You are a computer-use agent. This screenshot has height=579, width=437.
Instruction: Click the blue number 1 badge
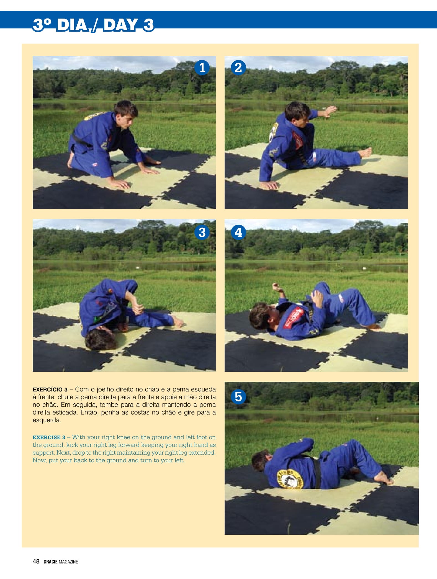(202, 68)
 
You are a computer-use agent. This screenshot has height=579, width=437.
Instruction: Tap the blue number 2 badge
(238, 68)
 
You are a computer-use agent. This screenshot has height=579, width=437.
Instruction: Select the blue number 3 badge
(202, 232)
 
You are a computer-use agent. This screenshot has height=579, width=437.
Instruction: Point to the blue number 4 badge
(238, 232)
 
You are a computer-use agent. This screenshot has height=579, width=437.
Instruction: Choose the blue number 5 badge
(238, 396)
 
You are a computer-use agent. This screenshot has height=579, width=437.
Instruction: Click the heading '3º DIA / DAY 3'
(93, 25)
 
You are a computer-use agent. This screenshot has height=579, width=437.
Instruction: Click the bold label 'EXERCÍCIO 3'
(50, 390)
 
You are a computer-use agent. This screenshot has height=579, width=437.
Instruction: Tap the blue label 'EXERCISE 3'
(49, 437)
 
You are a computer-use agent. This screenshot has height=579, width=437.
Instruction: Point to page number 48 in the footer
(36, 561)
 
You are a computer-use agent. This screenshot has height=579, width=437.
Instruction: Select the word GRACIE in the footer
(50, 562)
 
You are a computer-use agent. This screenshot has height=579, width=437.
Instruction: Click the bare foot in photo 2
(366, 152)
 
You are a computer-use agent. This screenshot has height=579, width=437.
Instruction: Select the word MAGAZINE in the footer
(68, 562)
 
